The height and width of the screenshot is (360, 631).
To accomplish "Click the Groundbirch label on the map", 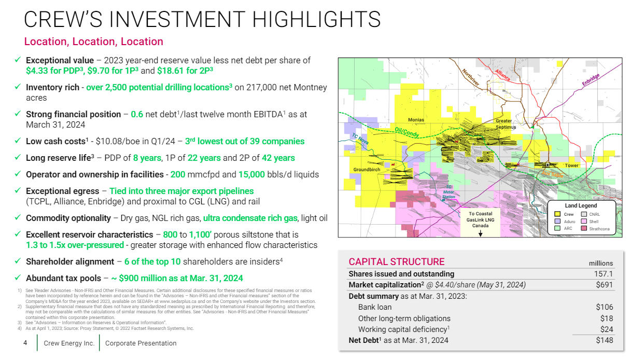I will click(x=367, y=170).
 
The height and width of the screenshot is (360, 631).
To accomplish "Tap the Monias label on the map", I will click(x=416, y=120).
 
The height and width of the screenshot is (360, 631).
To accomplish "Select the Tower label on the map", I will click(x=571, y=165).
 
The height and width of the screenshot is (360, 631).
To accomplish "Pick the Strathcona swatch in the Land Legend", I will click(x=584, y=228).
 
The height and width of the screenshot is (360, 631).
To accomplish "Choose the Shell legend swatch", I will click(x=584, y=221).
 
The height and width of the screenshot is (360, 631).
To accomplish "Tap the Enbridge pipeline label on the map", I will click(x=591, y=79).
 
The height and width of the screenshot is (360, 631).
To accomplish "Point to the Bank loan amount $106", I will click(x=604, y=307).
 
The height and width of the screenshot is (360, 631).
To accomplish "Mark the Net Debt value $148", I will click(x=604, y=340).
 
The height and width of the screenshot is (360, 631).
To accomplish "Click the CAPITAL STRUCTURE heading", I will click(x=396, y=262).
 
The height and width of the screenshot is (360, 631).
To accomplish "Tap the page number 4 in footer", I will click(x=25, y=343).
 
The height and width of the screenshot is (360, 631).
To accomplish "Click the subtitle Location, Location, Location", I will click(x=94, y=41).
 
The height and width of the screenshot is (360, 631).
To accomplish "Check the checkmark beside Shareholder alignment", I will click(x=18, y=261).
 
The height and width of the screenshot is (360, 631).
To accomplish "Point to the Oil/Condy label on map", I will click(x=408, y=133).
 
